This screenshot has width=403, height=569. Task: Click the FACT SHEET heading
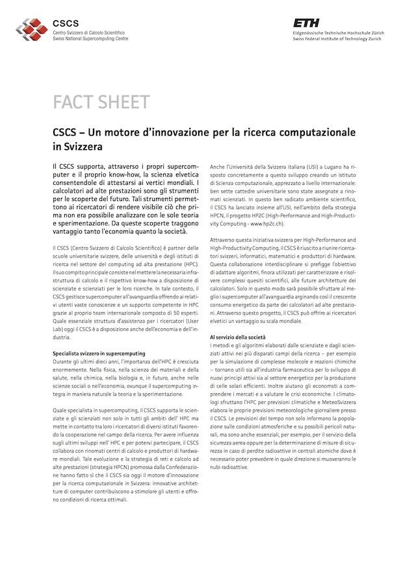tap(101, 102)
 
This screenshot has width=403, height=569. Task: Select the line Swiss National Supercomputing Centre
tap(90, 38)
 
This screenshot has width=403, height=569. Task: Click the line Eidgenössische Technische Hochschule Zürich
tap(339, 32)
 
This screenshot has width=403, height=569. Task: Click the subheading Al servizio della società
tap(237, 337)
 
